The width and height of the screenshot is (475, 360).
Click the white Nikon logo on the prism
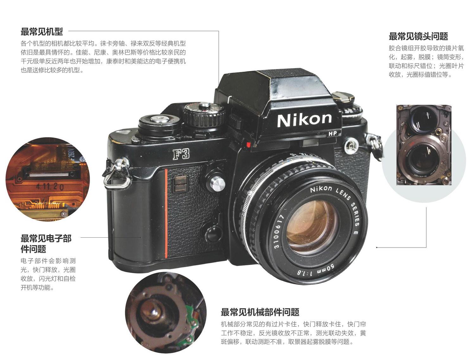pyautogui.click(x=304, y=120)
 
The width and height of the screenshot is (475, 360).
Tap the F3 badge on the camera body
pyautogui.click(x=181, y=154)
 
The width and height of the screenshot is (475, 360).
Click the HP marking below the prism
pyautogui.click(x=332, y=133)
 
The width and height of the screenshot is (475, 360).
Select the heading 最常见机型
pyautogui.click(x=42, y=32)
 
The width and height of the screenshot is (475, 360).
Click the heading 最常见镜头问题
pyautogui.click(x=418, y=36)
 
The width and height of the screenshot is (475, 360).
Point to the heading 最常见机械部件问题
pyautogui.click(x=260, y=312)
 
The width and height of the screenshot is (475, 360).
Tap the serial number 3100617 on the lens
pyautogui.click(x=278, y=231)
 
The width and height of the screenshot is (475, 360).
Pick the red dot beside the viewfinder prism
pyautogui.click(x=249, y=145)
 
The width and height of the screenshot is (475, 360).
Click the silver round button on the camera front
pyautogui.click(x=217, y=183)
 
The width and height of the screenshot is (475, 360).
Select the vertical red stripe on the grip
pyautogui.click(x=166, y=214)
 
